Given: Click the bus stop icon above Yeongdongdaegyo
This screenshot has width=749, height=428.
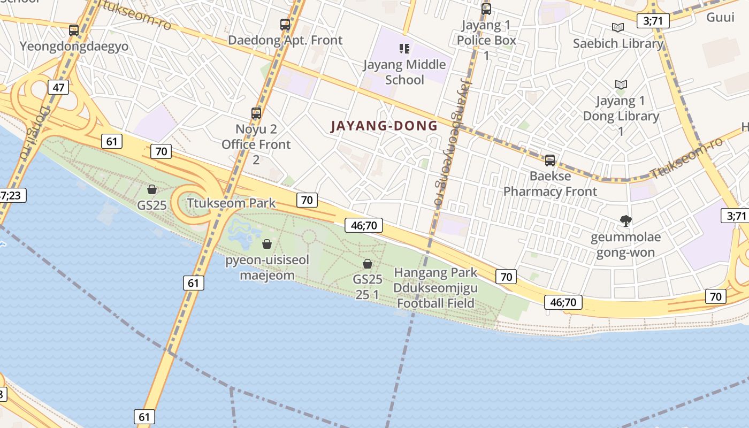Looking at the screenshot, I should (74, 30).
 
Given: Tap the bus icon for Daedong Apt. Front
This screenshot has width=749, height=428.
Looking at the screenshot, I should (285, 25).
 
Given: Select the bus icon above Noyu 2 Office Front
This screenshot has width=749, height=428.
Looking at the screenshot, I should (256, 113).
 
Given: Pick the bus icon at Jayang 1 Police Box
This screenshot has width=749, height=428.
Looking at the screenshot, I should (486, 9).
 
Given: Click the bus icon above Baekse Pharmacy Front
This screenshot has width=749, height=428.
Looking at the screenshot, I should (549, 160).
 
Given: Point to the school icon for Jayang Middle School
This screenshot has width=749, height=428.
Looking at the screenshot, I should (404, 49).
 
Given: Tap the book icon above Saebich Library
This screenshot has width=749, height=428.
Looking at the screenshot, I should (618, 28).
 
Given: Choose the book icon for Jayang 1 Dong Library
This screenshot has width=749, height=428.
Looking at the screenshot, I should (621, 85).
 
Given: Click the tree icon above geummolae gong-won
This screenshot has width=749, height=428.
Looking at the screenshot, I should (625, 220).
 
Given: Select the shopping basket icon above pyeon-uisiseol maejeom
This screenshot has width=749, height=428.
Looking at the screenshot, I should (267, 244).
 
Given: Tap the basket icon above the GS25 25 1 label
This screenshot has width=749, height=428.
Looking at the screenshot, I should (368, 264).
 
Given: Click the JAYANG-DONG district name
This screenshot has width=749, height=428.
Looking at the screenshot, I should (384, 126).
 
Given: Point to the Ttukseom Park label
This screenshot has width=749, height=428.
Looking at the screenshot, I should (231, 203).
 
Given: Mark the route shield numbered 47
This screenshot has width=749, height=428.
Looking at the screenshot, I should (58, 87).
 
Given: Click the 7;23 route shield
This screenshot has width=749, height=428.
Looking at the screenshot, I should (12, 195).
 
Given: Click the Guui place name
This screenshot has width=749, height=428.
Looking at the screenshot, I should (720, 17).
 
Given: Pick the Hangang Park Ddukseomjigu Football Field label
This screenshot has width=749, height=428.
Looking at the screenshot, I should (435, 288).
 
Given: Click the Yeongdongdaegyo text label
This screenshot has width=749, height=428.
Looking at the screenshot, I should (74, 47).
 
